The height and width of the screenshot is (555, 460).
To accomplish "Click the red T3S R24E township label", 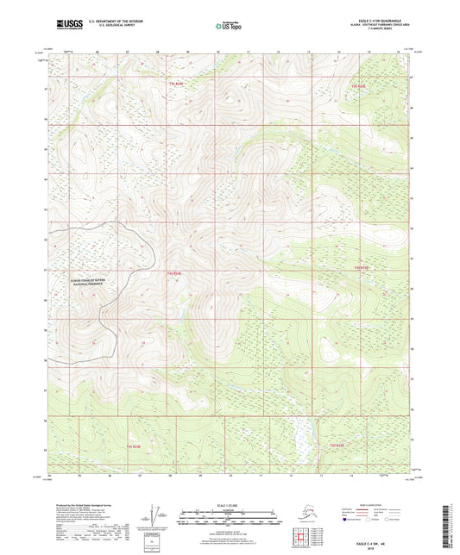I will click(177, 84).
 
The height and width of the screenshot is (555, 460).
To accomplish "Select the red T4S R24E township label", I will click(173, 272).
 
